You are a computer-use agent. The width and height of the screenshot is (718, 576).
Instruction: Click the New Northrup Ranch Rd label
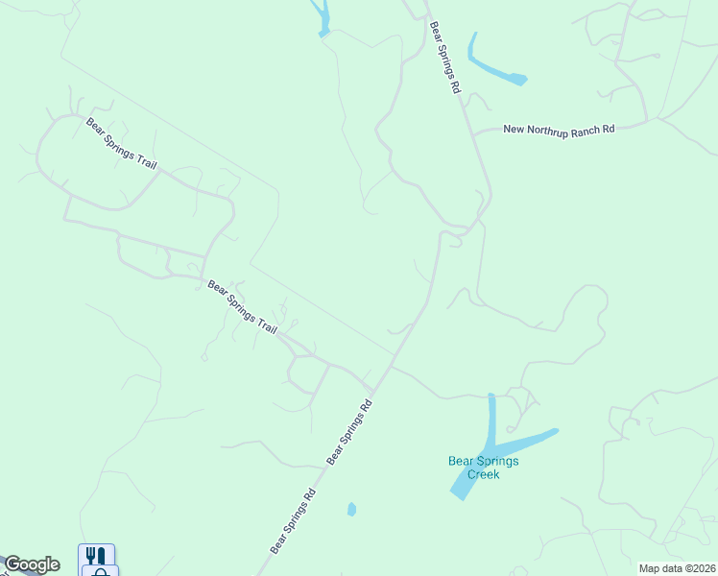click(x=558, y=130)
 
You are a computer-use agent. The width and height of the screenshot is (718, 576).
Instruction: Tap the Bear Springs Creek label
click(x=484, y=468)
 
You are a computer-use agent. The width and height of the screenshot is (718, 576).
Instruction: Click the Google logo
click(x=32, y=564)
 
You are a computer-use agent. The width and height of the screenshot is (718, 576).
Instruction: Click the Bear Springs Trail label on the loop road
click(x=121, y=143)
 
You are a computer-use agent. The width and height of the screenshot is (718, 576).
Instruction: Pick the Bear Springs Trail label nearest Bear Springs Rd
click(x=242, y=307)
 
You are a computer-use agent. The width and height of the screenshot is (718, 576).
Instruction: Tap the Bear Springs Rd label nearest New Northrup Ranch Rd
click(x=446, y=58)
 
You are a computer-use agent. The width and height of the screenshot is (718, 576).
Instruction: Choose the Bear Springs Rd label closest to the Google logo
click(x=293, y=523)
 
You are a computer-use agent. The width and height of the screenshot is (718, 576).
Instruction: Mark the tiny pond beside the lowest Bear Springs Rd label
click(x=351, y=509)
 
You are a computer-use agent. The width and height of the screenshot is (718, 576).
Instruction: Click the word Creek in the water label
click(x=484, y=474)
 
